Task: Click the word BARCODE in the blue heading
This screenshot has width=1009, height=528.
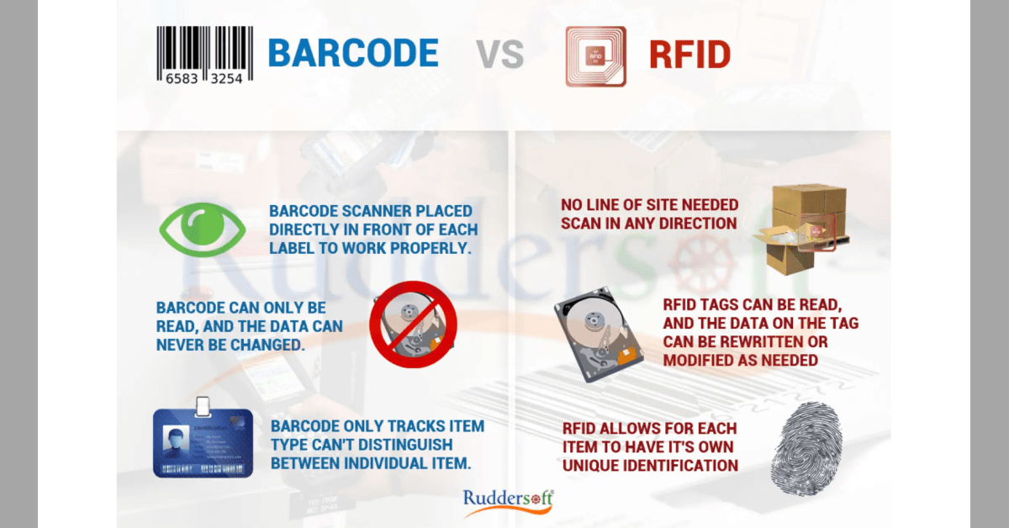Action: click(353, 53)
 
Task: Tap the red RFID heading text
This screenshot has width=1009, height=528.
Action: click(689, 55)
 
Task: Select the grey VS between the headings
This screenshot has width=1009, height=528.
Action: click(501, 55)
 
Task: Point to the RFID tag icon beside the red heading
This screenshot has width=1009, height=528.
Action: click(595, 56)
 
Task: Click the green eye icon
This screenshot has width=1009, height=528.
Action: click(203, 229)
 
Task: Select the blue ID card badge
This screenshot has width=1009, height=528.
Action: click(203, 442)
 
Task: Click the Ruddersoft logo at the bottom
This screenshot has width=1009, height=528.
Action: click(507, 500)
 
